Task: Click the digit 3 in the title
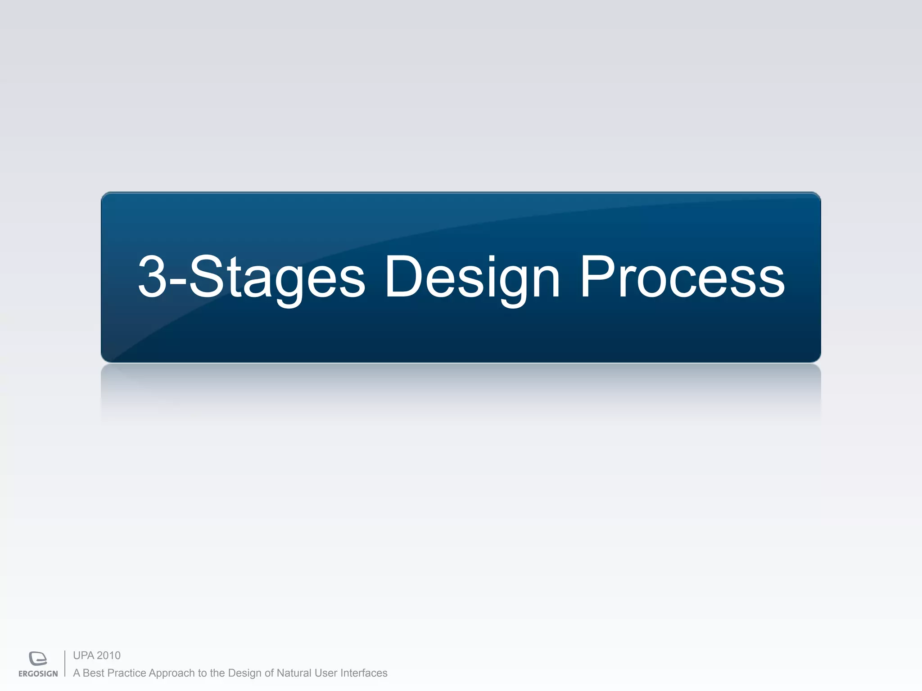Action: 152,277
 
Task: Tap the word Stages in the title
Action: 277,277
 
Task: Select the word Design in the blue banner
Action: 472,277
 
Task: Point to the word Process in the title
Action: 682,277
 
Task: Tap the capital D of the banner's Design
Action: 403,277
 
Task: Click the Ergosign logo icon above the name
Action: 38,659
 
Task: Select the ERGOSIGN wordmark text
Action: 38,673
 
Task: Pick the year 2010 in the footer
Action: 108,655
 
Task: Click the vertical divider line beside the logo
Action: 65,664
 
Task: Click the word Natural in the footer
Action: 294,673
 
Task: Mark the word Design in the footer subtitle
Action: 244,673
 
